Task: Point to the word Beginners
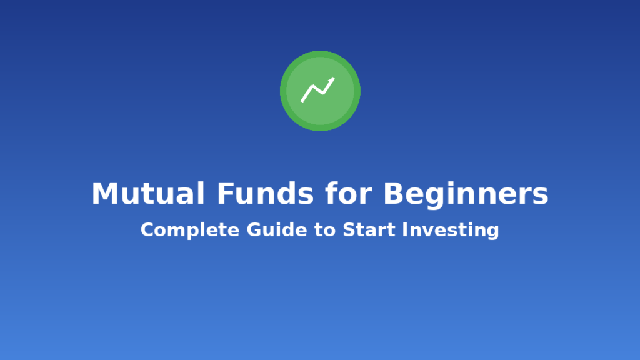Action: pos(466,194)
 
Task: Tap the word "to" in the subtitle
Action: pos(325,230)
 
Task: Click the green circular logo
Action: pos(320,91)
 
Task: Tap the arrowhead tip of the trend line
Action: pos(333,79)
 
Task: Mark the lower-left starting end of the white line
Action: pos(302,101)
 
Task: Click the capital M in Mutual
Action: pos(104,194)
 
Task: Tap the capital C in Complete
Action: pos(147,230)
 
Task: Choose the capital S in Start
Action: pos(348,230)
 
